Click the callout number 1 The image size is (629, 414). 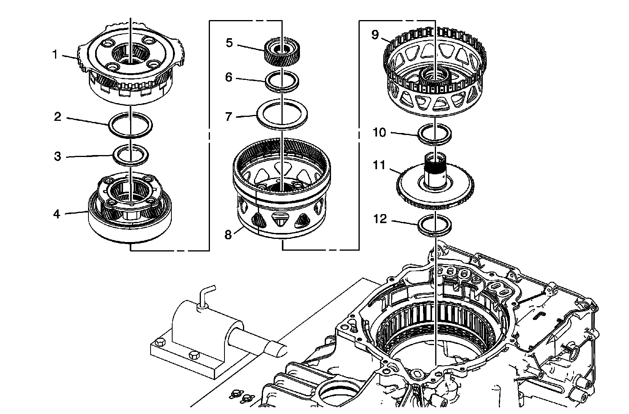pyautogui.click(x=55, y=55)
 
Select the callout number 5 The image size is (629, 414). pyautogui.click(x=229, y=43)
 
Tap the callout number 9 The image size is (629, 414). pyautogui.click(x=375, y=35)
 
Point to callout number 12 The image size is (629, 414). pyautogui.click(x=380, y=219)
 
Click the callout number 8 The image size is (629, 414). pyautogui.click(x=228, y=235)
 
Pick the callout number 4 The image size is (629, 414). pyautogui.click(x=57, y=214)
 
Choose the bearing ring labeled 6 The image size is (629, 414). pyautogui.click(x=282, y=81)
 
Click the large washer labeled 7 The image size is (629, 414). pyautogui.click(x=282, y=115)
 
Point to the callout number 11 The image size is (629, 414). pyautogui.click(x=379, y=165)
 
